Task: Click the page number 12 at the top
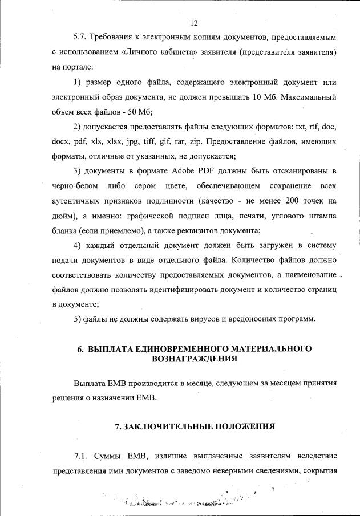(194, 22)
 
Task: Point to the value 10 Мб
(261, 96)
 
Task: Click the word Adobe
(175, 171)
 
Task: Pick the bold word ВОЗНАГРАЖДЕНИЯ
(194, 359)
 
